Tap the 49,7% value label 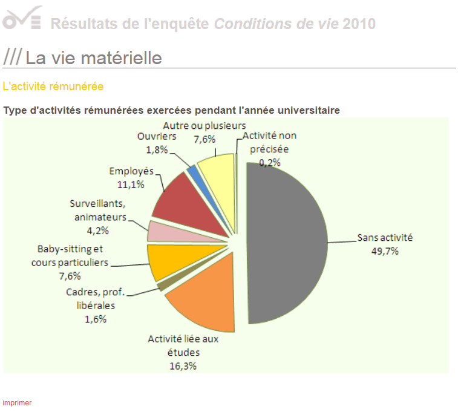coord(385,250)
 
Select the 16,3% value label coord(183,365)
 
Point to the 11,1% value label coord(131,184)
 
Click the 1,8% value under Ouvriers coord(157,149)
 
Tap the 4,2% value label coord(98,230)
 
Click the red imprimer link coord(17,402)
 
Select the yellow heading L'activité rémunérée coord(53,87)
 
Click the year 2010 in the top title coord(359,24)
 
